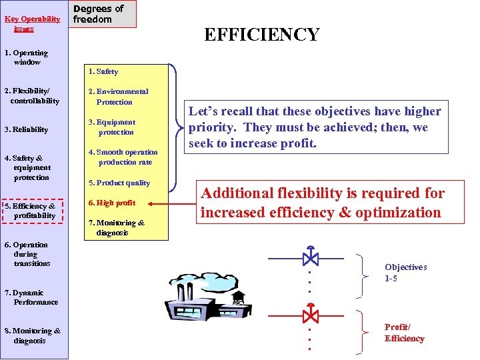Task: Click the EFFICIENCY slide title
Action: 261,35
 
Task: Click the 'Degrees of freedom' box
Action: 103,14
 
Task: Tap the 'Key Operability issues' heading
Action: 32,24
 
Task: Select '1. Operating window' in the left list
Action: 27,57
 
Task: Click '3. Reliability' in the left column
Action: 27,129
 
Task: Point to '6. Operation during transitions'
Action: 31,254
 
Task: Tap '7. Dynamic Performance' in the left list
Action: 32,297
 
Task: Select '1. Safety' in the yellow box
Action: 103,71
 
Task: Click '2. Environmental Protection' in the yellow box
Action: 118,97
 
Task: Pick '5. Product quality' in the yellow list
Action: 119,183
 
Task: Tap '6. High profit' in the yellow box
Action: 111,203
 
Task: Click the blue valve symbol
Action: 310,257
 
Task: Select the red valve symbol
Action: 310,313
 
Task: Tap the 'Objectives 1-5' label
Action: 405,273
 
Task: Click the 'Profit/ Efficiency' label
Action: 404,333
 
